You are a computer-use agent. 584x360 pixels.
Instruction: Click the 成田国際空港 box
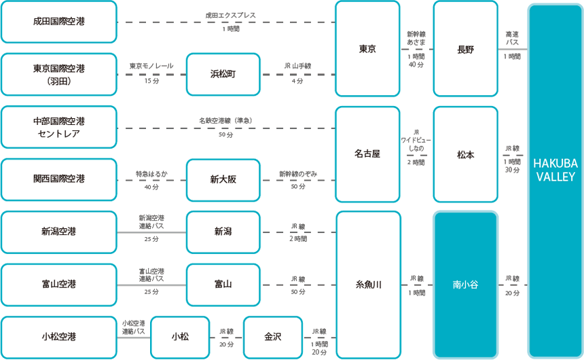pos(59,22)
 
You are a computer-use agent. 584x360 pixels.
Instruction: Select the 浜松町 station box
pos(223,74)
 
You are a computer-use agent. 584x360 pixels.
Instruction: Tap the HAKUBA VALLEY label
pos(555,170)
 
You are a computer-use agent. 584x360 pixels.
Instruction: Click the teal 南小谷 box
pos(466,285)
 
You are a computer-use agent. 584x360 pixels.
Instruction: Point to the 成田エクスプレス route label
pos(231,15)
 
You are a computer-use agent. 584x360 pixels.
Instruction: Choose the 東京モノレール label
pos(151,66)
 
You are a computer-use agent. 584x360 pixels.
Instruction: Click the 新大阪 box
pos(223,180)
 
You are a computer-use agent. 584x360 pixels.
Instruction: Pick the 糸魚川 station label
pos(368,285)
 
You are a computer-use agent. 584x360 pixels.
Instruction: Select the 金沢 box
pos(273,338)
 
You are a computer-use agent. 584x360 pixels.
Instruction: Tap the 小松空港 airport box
pos(59,338)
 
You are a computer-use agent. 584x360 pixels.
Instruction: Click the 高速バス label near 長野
pos(512,39)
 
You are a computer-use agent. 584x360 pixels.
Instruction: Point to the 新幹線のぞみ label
pos(298,174)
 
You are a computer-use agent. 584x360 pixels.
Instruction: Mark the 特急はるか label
pos(151,174)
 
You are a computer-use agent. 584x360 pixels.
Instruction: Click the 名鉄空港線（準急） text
pos(225,121)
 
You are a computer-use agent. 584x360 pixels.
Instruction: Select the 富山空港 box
pos(59,285)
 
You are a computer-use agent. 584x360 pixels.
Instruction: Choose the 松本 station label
pos(466,155)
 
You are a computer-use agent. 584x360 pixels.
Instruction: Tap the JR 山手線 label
pos(297,66)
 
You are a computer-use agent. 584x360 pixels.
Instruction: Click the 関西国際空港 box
pos(59,179)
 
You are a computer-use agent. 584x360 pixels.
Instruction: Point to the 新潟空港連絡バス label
pos(151,222)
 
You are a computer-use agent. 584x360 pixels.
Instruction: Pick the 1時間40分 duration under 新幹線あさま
pos(416,60)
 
